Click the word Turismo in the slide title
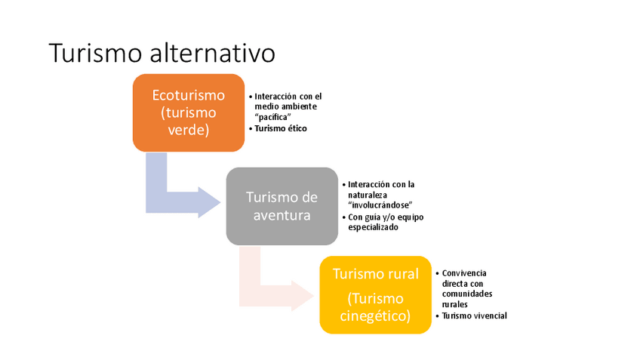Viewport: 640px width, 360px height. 96,53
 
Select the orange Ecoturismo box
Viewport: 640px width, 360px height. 188,112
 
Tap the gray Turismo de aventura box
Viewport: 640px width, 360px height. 282,205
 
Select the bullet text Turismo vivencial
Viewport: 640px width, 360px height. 474,315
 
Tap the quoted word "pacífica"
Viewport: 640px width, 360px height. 274,117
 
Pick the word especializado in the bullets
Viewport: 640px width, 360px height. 373,227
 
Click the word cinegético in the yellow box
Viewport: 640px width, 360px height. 375,315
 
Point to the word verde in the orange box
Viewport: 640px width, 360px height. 188,130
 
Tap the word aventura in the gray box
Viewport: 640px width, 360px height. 282,215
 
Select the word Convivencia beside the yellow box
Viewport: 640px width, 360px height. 465,272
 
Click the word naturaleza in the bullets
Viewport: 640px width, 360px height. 368,195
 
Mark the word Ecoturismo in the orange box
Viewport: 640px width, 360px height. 188,96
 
